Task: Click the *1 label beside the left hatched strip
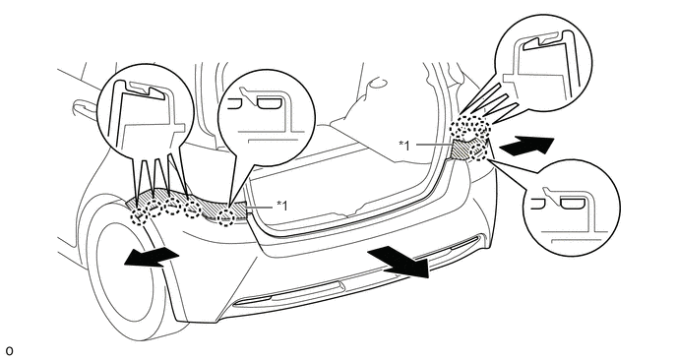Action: (x=281, y=205)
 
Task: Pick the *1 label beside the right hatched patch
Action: (x=405, y=145)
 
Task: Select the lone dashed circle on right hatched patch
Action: (x=478, y=153)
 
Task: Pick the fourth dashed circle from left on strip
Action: (x=193, y=210)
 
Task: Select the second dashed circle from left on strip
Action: (x=155, y=208)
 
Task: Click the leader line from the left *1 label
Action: (x=261, y=208)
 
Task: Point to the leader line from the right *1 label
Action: (x=433, y=144)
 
